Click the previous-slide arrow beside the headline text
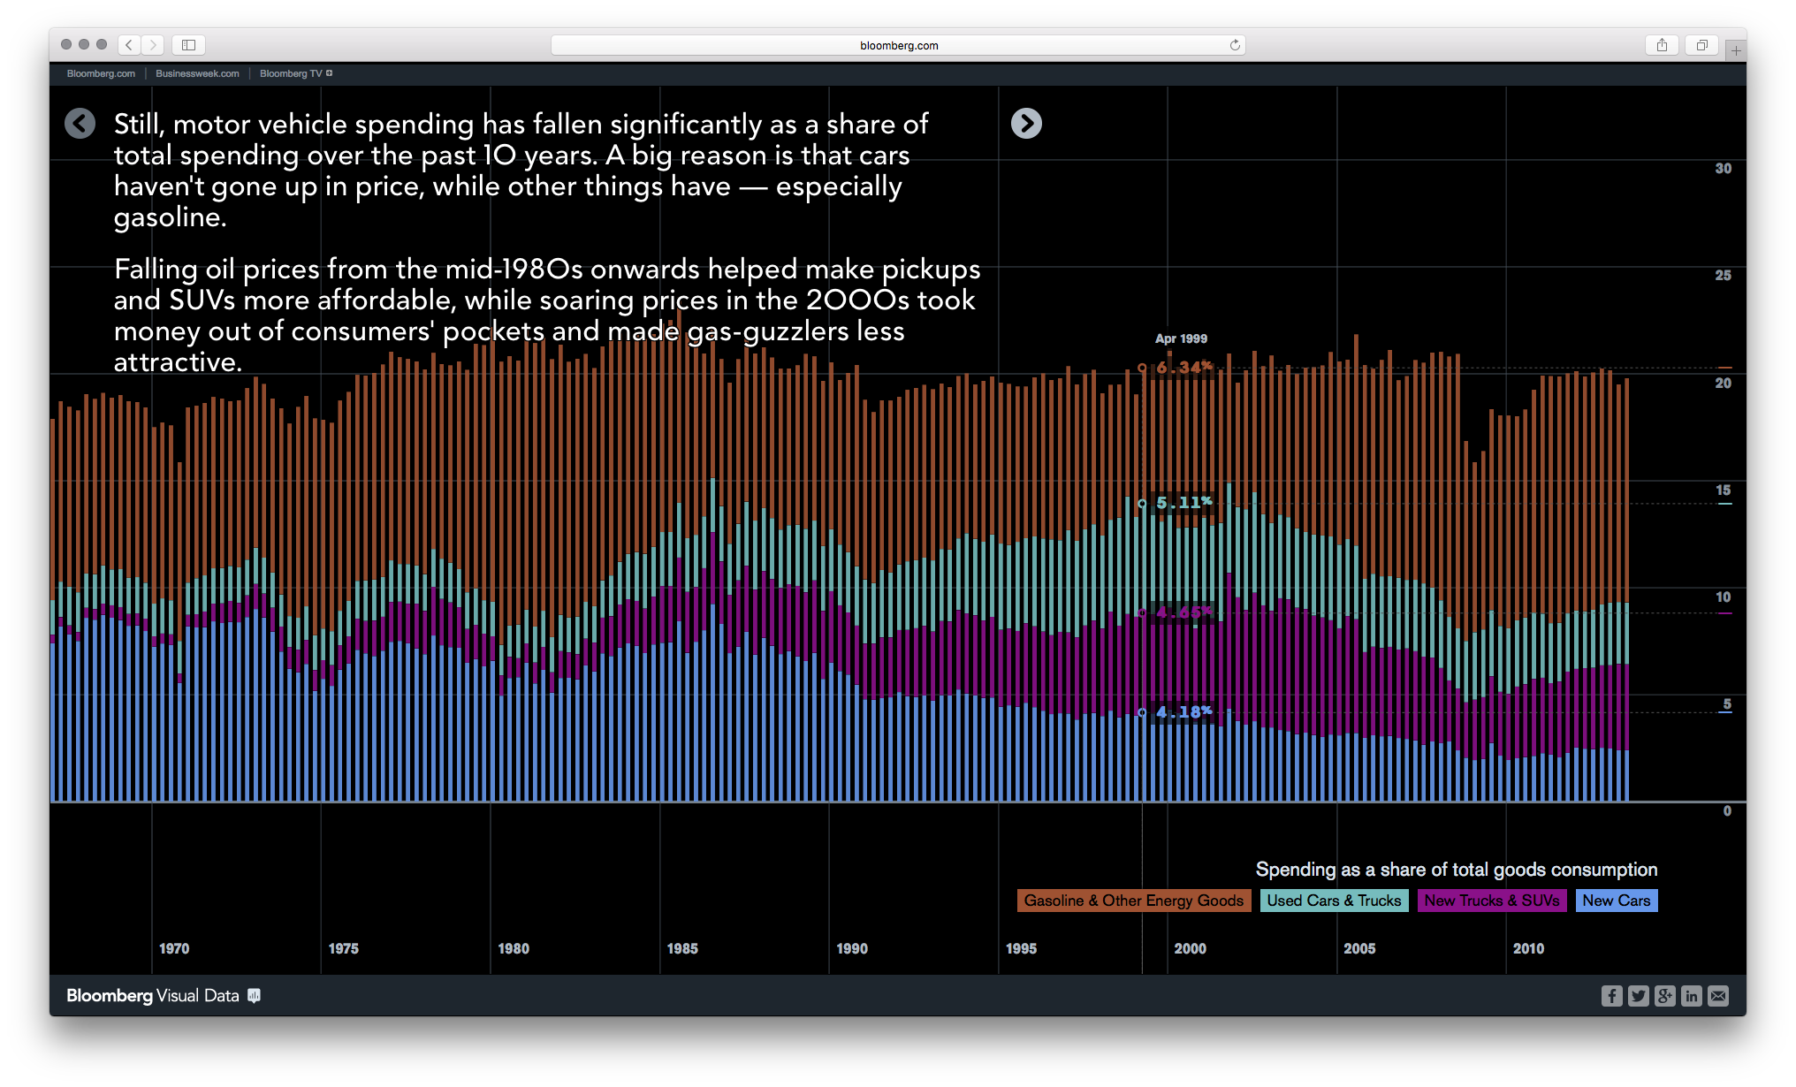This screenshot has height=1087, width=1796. click(80, 124)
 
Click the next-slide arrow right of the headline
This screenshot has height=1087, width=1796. click(1026, 124)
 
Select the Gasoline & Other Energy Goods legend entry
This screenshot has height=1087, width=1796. click(1133, 901)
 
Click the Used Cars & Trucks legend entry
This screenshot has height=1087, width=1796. click(1334, 901)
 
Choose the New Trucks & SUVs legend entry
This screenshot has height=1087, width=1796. click(1491, 901)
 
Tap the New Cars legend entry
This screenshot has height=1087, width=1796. click(1616, 901)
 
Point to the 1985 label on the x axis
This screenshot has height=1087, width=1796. click(681, 948)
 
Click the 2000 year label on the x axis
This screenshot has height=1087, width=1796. click(1190, 948)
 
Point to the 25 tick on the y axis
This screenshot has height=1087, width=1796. click(1723, 276)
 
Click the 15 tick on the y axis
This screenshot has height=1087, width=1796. click(1723, 490)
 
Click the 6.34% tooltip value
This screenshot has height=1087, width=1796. click(1183, 368)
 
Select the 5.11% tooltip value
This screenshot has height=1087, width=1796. click(1183, 503)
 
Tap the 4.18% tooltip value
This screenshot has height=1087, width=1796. click(1183, 712)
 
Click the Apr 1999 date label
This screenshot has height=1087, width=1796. click(1181, 338)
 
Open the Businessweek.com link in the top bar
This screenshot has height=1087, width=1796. click(197, 73)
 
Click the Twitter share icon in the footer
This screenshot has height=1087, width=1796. click(1638, 996)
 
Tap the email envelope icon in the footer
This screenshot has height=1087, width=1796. click(1717, 996)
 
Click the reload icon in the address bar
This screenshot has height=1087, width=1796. click(1235, 45)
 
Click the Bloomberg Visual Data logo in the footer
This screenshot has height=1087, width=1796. click(162, 996)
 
